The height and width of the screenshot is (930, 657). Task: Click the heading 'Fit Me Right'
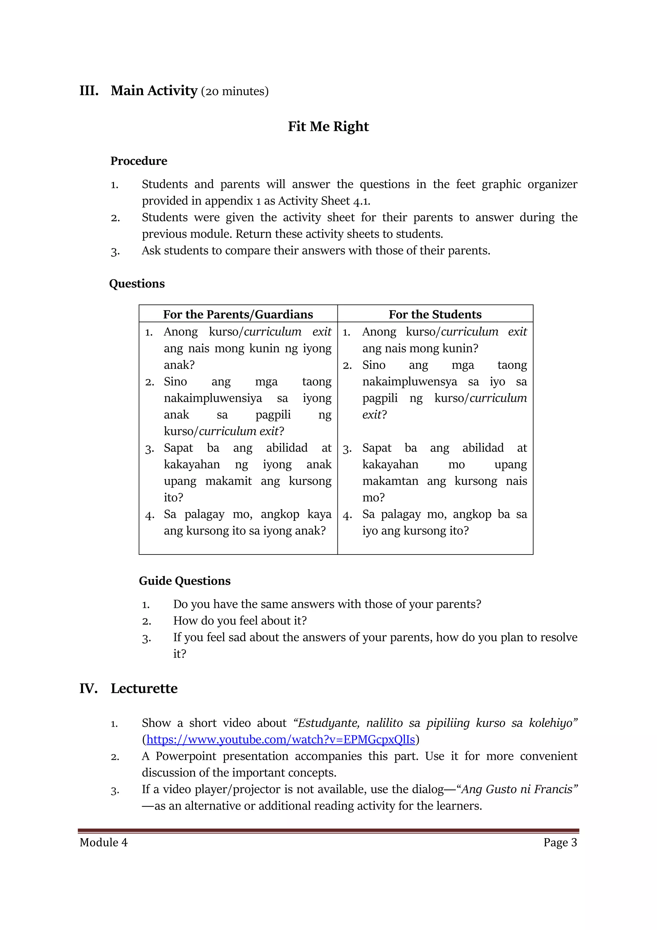coord(328,126)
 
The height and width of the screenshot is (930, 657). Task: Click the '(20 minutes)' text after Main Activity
coord(235,92)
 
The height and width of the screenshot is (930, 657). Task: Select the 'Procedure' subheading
coord(139,161)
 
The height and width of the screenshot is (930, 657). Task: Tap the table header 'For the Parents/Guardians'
coord(238,314)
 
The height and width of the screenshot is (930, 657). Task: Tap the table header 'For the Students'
coord(435,314)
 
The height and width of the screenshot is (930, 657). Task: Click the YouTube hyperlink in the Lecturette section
coord(280,740)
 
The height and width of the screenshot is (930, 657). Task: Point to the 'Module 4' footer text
coord(104,842)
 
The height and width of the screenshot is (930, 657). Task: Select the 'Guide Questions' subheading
coord(184,581)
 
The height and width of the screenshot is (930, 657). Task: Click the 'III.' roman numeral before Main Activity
coord(89,91)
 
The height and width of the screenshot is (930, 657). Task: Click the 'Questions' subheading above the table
coord(137,284)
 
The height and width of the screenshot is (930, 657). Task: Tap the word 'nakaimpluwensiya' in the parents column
coord(213,398)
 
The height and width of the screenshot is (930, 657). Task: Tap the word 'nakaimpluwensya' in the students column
coord(409,382)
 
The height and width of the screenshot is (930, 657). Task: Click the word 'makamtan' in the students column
coord(390,481)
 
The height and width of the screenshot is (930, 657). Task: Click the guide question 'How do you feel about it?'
coord(240,621)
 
